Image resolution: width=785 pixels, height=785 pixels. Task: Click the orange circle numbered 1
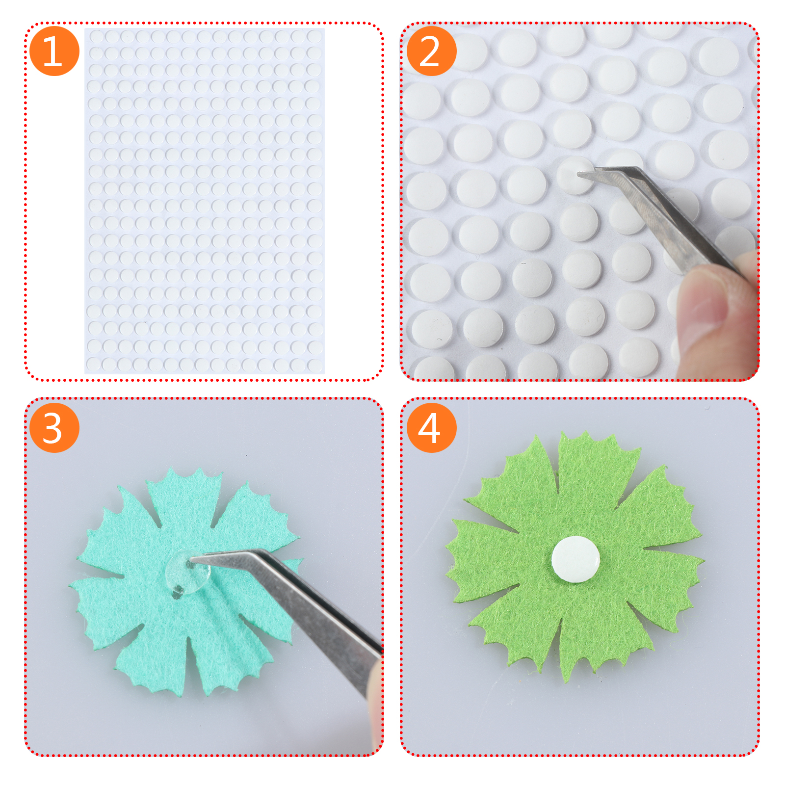(54, 51)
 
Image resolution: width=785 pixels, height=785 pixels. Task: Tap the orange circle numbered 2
(432, 51)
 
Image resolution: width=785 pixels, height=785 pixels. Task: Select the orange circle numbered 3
(54, 428)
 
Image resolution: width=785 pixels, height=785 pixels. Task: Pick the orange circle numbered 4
(432, 428)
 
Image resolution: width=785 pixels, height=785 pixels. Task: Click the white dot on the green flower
(576, 559)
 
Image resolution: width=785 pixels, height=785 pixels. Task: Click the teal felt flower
(186, 581)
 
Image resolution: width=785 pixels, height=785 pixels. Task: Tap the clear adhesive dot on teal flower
(187, 572)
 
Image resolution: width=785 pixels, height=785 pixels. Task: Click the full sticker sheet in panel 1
(205, 201)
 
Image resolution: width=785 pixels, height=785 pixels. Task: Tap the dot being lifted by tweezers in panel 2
(575, 175)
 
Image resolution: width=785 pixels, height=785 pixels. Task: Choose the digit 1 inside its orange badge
(53, 52)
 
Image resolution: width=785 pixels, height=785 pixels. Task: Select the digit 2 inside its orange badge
(430, 52)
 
